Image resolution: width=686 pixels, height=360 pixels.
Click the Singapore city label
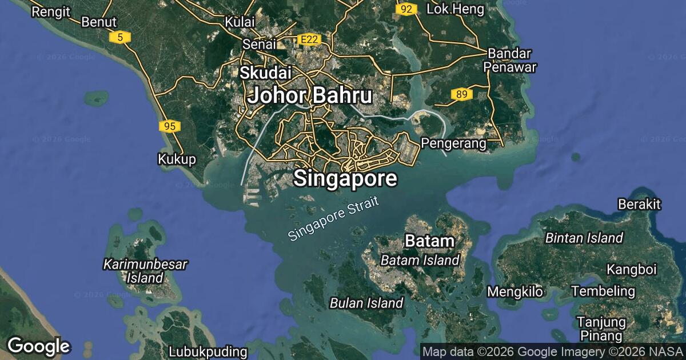pyautogui.click(x=345, y=179)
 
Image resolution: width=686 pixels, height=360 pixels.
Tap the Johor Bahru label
pyautogui.click(x=310, y=95)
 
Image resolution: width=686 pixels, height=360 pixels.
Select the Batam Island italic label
pyautogui.click(x=420, y=261)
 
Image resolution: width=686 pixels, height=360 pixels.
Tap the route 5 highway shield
pyautogui.click(x=120, y=38)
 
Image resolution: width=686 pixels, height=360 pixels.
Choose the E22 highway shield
pyautogui.click(x=310, y=40)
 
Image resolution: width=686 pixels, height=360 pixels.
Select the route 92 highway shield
pyautogui.click(x=406, y=9)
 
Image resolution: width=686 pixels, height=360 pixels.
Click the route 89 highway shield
pyautogui.click(x=461, y=94)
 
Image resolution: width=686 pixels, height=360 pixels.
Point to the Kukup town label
pyautogui.click(x=177, y=159)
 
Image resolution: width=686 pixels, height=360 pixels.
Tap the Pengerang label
pyautogui.click(x=454, y=143)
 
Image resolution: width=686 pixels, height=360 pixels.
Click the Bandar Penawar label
pyautogui.click(x=510, y=60)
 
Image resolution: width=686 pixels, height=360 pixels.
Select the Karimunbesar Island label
pyautogui.click(x=145, y=271)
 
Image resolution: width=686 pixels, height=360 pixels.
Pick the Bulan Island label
pyautogui.click(x=366, y=303)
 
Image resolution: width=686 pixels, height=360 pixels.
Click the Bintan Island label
pyautogui.click(x=584, y=238)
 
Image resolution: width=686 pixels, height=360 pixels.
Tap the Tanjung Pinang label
pyautogui.click(x=599, y=329)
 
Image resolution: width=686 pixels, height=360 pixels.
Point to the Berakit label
pyautogui.click(x=639, y=204)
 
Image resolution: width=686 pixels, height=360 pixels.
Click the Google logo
pyautogui.click(x=38, y=346)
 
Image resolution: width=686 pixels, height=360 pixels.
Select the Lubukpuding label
pyautogui.click(x=208, y=351)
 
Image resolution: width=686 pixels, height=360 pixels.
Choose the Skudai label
pyautogui.click(x=266, y=73)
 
